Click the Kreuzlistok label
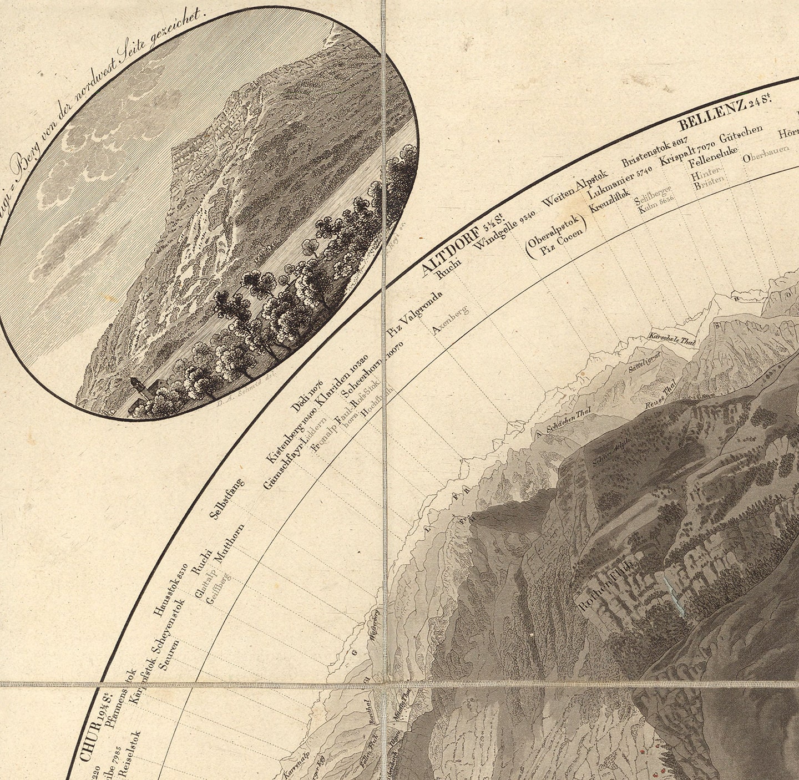(x=609, y=209)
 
